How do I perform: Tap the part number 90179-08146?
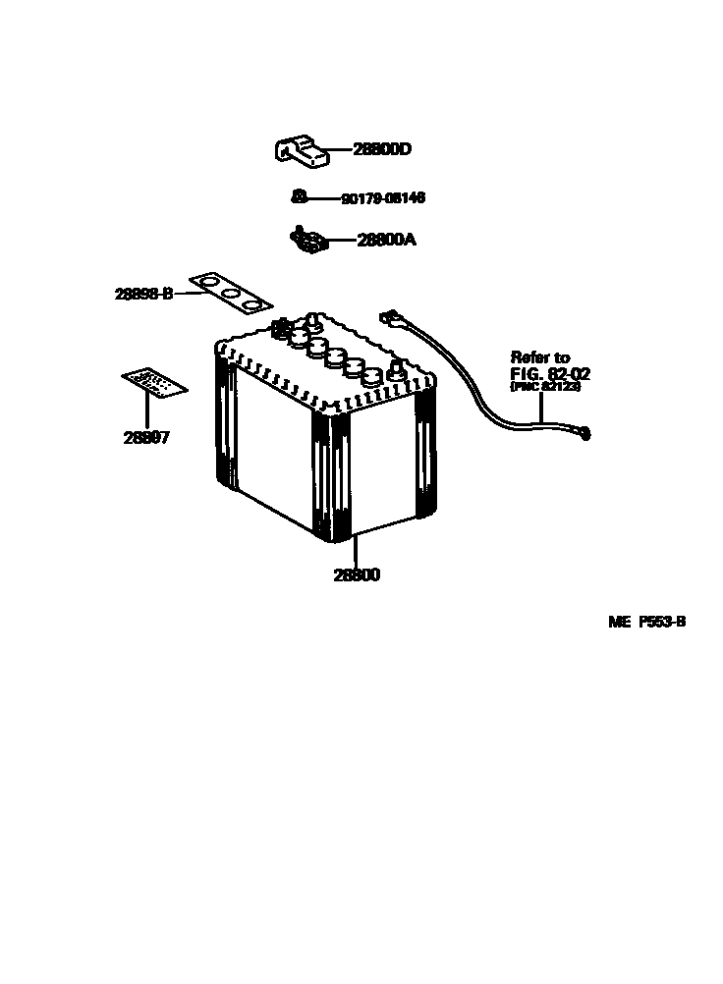pyautogui.click(x=383, y=198)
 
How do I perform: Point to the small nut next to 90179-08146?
pyautogui.click(x=297, y=196)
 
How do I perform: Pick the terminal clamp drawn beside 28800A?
pyautogui.click(x=308, y=239)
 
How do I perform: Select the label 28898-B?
pyautogui.click(x=143, y=293)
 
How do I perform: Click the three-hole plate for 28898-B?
pyautogui.click(x=230, y=292)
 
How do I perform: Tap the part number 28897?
pyautogui.click(x=147, y=438)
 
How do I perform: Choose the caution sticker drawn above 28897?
pyautogui.click(x=154, y=384)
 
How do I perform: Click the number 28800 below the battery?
pyautogui.click(x=356, y=575)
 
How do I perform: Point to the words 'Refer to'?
pyautogui.click(x=539, y=358)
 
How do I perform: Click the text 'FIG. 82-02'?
pyautogui.click(x=550, y=374)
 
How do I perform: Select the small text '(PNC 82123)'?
pyautogui.click(x=545, y=388)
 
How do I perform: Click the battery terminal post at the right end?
pyautogui.click(x=397, y=371)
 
